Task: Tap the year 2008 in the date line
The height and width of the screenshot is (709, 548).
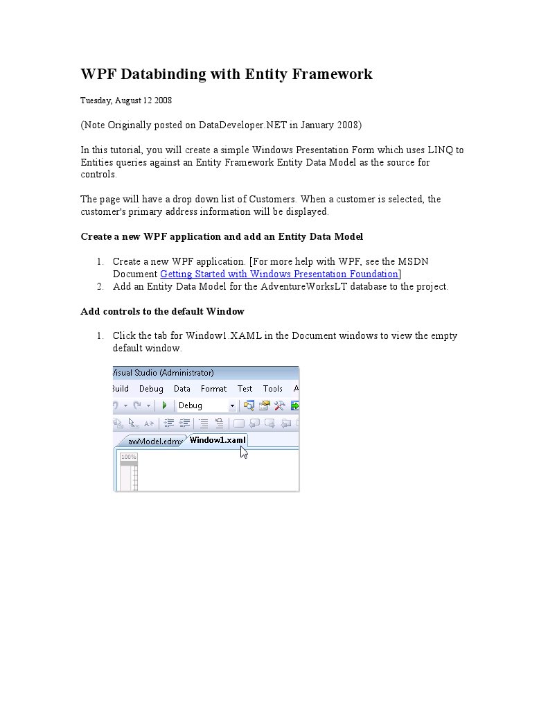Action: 163,100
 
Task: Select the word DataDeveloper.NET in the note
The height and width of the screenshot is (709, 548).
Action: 242,125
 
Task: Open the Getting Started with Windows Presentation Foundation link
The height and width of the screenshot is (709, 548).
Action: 279,274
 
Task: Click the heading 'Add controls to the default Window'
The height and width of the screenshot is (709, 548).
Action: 162,311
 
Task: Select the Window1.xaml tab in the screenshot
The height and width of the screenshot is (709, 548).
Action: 218,440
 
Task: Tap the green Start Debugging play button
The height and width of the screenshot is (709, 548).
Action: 165,405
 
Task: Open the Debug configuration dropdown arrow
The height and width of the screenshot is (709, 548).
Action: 232,406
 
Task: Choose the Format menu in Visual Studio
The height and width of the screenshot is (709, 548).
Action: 213,389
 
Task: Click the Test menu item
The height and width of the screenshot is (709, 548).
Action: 245,389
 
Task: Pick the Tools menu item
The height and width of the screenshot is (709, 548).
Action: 273,389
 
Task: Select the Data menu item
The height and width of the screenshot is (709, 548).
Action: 182,389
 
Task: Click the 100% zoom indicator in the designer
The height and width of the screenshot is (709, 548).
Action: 129,457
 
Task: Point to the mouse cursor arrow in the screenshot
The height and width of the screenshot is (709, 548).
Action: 244,452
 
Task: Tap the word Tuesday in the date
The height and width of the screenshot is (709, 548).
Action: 96,100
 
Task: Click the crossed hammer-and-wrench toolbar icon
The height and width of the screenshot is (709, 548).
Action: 280,405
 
